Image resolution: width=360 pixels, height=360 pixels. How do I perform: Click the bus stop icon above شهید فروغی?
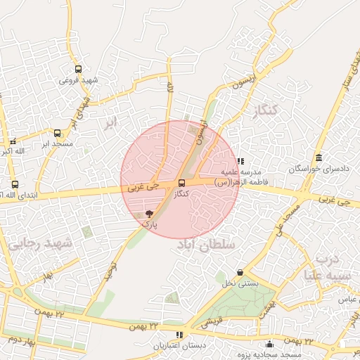(77, 70)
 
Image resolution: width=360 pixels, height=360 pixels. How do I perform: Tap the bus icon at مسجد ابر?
(57, 132)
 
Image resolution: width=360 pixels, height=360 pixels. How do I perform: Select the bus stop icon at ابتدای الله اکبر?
(15, 184)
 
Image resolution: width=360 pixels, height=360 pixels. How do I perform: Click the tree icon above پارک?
(148, 213)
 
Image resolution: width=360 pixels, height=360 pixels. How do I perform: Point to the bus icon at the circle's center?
(182, 183)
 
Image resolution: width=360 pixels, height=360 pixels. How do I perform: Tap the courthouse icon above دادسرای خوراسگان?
(320, 157)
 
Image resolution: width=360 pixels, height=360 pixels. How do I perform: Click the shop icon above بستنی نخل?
(240, 272)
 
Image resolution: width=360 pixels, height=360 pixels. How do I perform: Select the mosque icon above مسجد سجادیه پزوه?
(269, 344)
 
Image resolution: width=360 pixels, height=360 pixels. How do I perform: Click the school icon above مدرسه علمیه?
(241, 161)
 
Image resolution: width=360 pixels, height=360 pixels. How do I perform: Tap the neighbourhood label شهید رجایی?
(41, 243)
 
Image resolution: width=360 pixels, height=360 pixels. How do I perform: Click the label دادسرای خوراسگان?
(314, 169)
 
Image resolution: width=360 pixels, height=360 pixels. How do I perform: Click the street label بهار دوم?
(22, 341)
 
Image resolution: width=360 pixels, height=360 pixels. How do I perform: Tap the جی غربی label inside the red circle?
(144, 188)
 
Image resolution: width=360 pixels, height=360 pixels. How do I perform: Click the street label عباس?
(345, 299)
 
